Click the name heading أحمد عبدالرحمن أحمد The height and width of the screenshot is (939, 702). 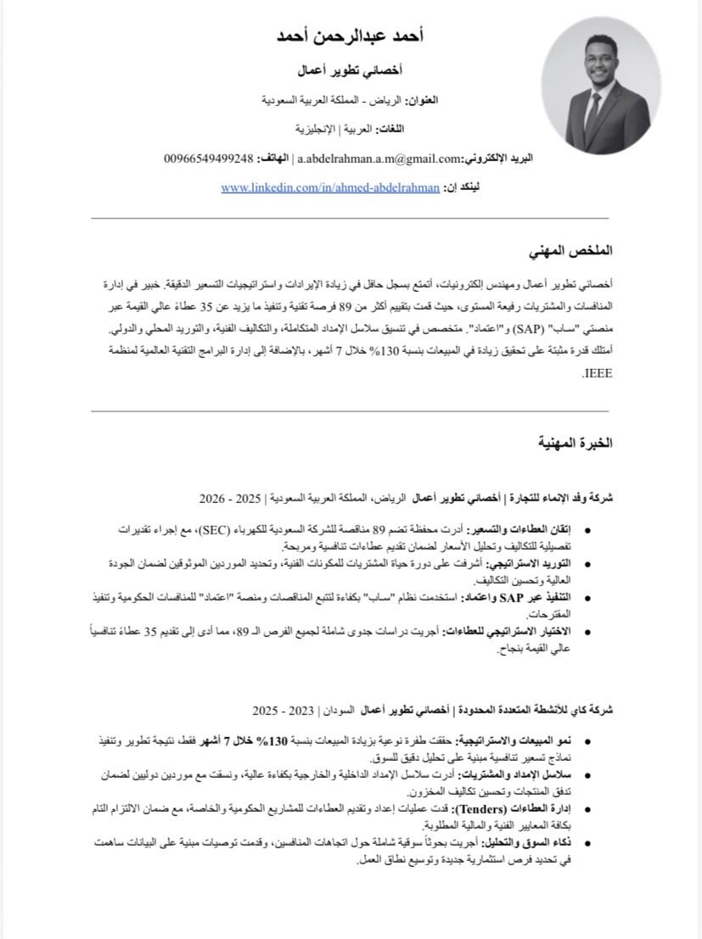point(351,36)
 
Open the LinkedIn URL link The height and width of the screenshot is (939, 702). point(330,187)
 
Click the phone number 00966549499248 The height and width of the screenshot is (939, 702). point(209,159)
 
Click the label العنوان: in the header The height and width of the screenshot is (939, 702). point(419,100)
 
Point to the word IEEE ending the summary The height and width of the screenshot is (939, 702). point(598,372)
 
